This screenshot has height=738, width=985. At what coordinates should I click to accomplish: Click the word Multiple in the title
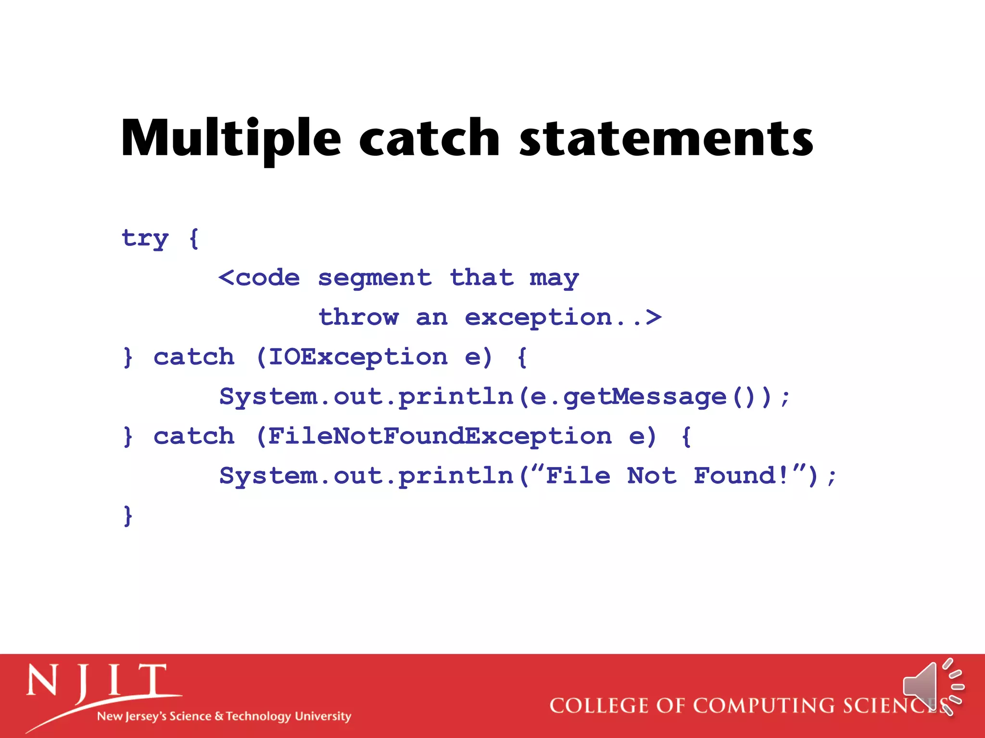click(x=231, y=139)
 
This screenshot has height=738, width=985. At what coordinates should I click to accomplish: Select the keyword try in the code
click(x=145, y=238)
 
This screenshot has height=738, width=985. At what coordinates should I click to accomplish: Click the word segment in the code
click(x=375, y=279)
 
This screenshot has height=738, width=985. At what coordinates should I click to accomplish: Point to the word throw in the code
click(x=359, y=318)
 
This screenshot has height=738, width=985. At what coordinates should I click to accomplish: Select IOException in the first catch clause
click(x=358, y=357)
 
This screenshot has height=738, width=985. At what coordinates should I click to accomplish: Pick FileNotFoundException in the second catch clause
click(x=440, y=437)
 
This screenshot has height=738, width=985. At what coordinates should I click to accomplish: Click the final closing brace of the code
click(x=127, y=516)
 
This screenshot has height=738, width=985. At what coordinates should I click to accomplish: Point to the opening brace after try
click(x=194, y=238)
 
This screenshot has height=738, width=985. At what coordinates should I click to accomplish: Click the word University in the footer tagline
click(x=323, y=716)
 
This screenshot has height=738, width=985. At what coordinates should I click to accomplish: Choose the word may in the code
click(x=554, y=279)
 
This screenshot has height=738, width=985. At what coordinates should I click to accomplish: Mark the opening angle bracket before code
click(x=226, y=278)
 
